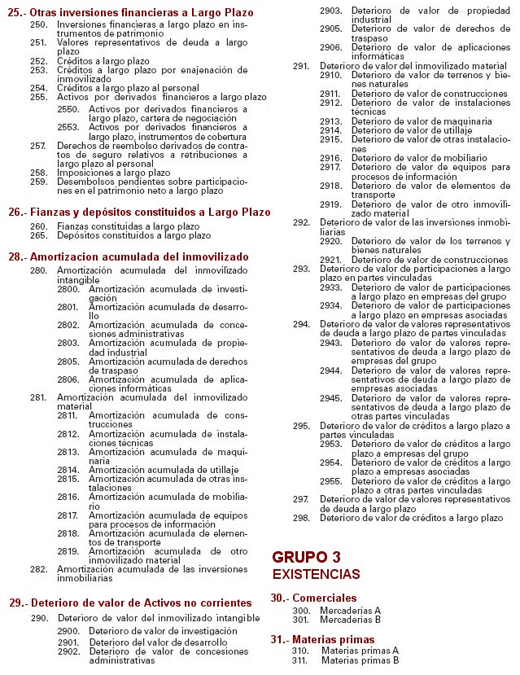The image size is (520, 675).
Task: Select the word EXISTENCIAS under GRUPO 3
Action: pos(315,575)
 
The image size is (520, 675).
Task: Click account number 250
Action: pos(38,26)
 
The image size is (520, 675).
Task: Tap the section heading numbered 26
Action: pos(139,212)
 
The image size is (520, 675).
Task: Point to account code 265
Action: pos(38,235)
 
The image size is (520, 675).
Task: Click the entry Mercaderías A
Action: pos(351,610)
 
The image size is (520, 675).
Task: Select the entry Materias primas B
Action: pos(360,660)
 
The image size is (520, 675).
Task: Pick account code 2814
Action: pos(68,471)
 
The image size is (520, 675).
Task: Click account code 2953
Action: pos(330,444)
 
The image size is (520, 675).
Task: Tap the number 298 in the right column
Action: pos(301,518)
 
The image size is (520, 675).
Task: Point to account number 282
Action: pos(38,569)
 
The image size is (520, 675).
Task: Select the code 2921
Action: pos(330,260)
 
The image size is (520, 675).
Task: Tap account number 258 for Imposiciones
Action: pos(38,173)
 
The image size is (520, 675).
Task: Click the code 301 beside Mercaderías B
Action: pos(301,619)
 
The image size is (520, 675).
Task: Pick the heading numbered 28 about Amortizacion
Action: pos(129,256)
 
